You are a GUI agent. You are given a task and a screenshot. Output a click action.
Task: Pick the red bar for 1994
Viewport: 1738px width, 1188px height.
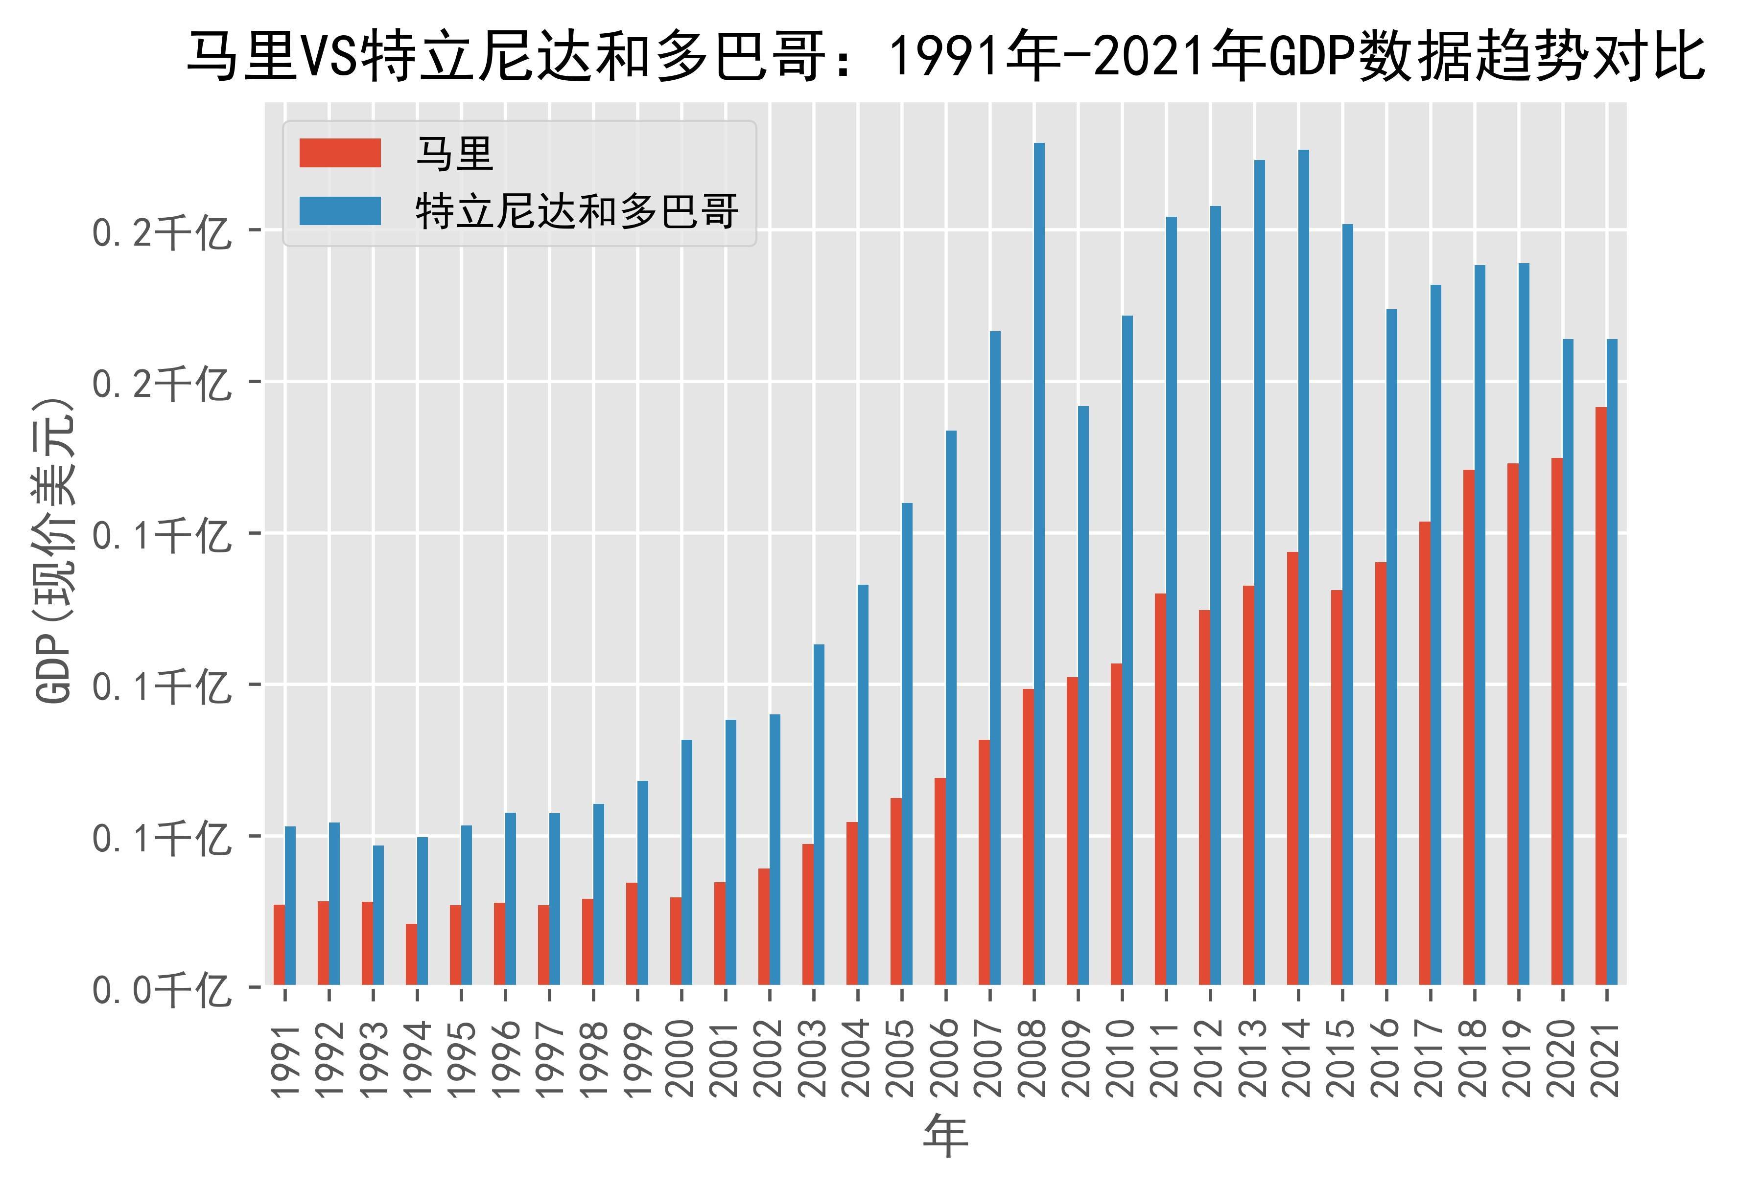pos(411,954)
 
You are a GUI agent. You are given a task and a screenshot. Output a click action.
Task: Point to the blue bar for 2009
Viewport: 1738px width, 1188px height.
pos(1083,695)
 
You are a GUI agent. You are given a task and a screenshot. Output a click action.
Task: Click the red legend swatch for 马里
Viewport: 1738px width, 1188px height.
pos(340,153)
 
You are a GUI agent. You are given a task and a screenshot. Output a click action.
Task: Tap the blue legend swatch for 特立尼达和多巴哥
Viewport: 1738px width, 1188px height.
pos(340,211)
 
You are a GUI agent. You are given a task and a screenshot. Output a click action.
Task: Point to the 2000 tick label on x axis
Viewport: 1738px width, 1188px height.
pos(682,1057)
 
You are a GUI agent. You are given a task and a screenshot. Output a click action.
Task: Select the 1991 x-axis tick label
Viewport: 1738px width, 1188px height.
pos(285,1057)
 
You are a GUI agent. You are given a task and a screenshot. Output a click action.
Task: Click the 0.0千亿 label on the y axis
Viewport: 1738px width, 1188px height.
pos(160,991)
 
